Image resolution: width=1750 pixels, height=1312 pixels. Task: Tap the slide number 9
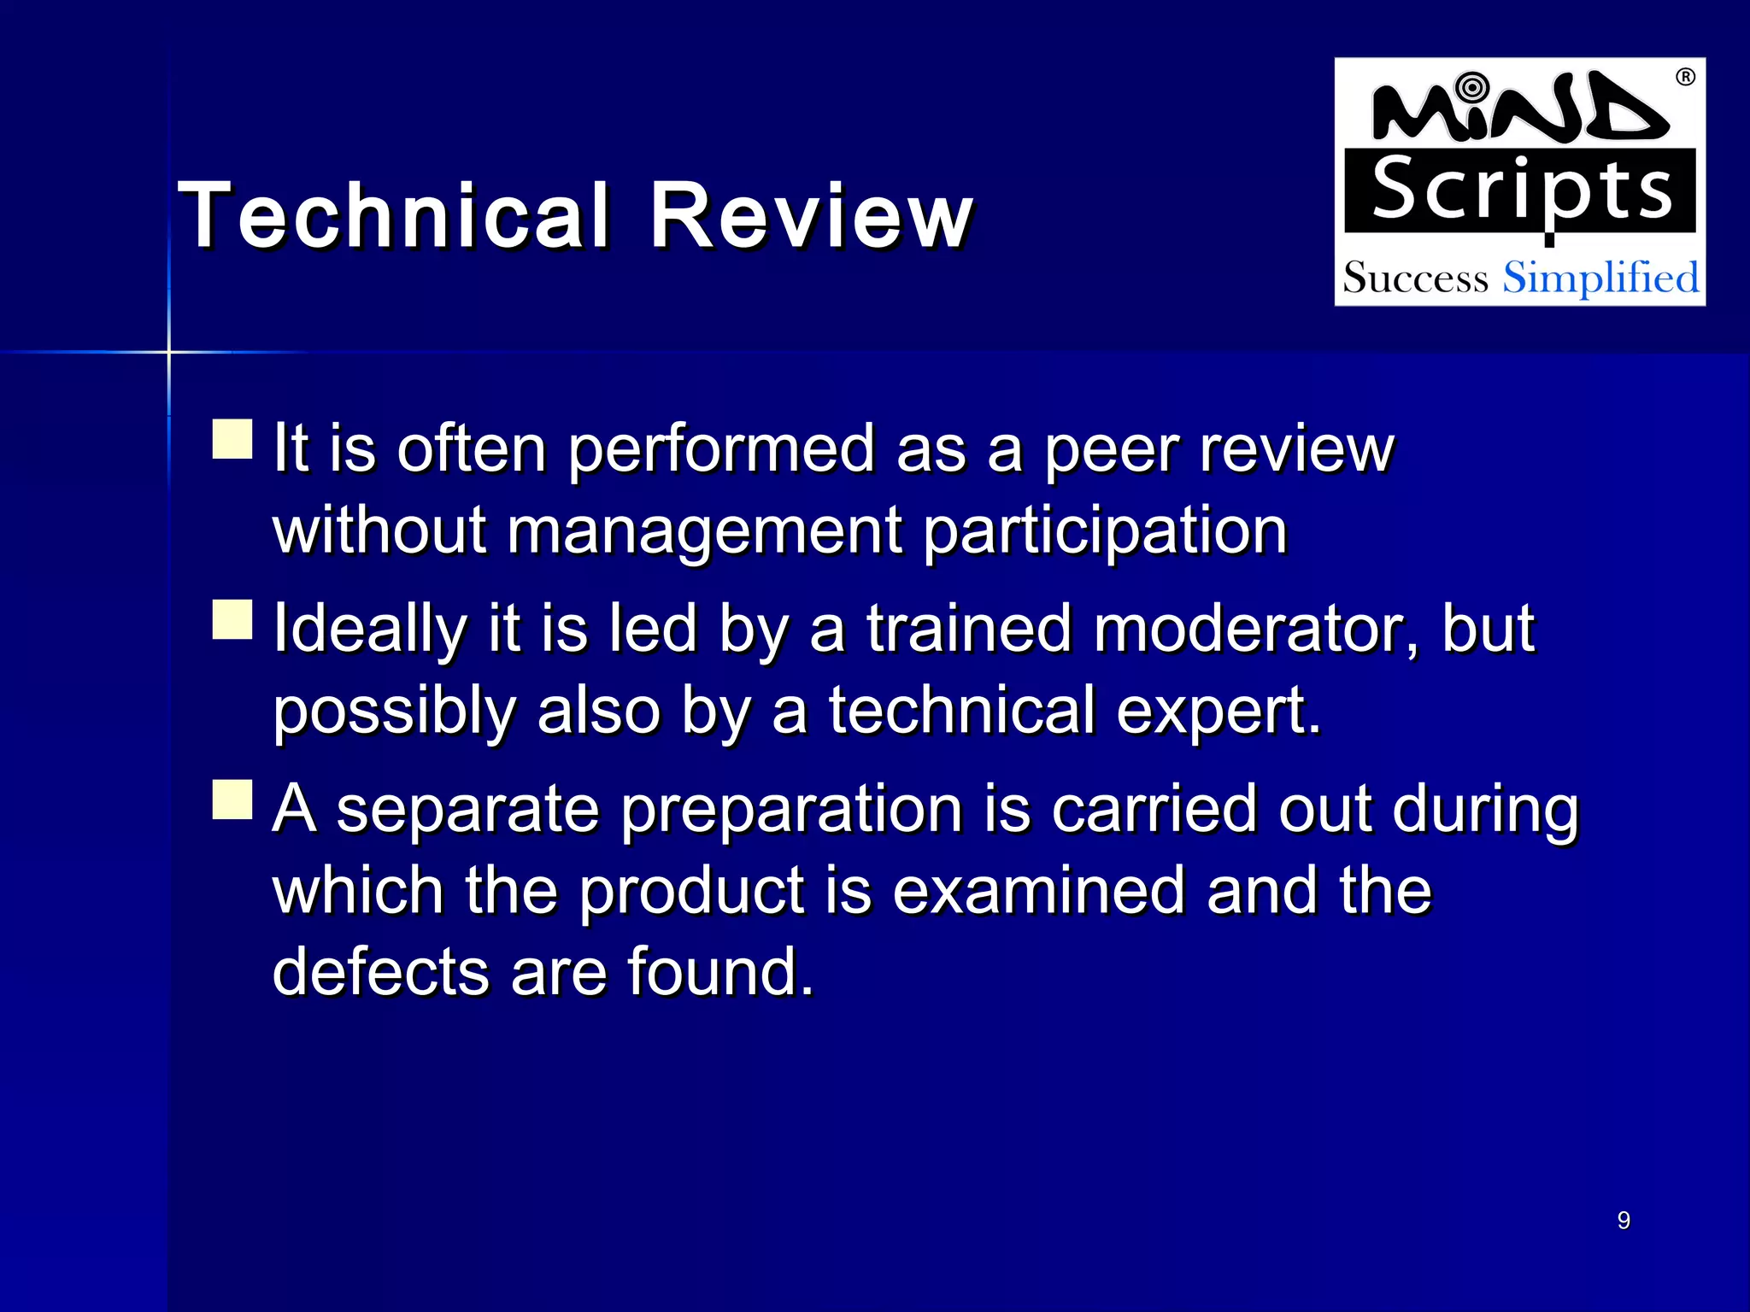[1624, 1221]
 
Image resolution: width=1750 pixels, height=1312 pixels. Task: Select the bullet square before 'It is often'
[232, 439]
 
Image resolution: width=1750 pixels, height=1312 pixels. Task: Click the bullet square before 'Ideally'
[232, 619]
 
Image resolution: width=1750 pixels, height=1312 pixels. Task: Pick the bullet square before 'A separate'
[232, 799]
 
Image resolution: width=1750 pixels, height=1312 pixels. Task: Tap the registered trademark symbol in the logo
[1685, 78]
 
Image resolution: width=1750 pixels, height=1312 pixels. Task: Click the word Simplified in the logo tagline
[1600, 278]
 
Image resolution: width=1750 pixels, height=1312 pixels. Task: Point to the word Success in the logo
[1415, 278]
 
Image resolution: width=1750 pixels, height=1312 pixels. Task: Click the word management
[704, 531]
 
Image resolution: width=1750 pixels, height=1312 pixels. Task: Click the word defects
[380, 972]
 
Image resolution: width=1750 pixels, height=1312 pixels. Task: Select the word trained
[969, 629]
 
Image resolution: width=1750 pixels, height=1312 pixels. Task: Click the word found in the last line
[719, 972]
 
